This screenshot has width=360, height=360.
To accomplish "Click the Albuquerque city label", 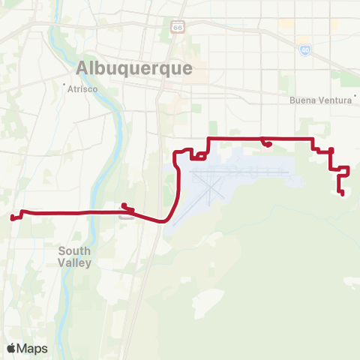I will [134, 67].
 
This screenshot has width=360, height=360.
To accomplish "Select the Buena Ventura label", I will [320, 100].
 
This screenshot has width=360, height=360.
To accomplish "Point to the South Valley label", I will [74, 256].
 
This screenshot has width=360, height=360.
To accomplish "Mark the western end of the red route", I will [12, 218].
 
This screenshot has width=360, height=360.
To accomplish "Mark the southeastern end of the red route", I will [342, 195].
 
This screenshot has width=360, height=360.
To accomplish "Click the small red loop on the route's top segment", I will [265, 142].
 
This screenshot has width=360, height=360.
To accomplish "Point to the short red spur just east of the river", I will [126, 208].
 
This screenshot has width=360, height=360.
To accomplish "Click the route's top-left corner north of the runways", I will [208, 139].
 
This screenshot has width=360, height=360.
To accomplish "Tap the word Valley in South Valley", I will [74, 263].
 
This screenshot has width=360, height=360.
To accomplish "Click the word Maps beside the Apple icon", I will [32, 348].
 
